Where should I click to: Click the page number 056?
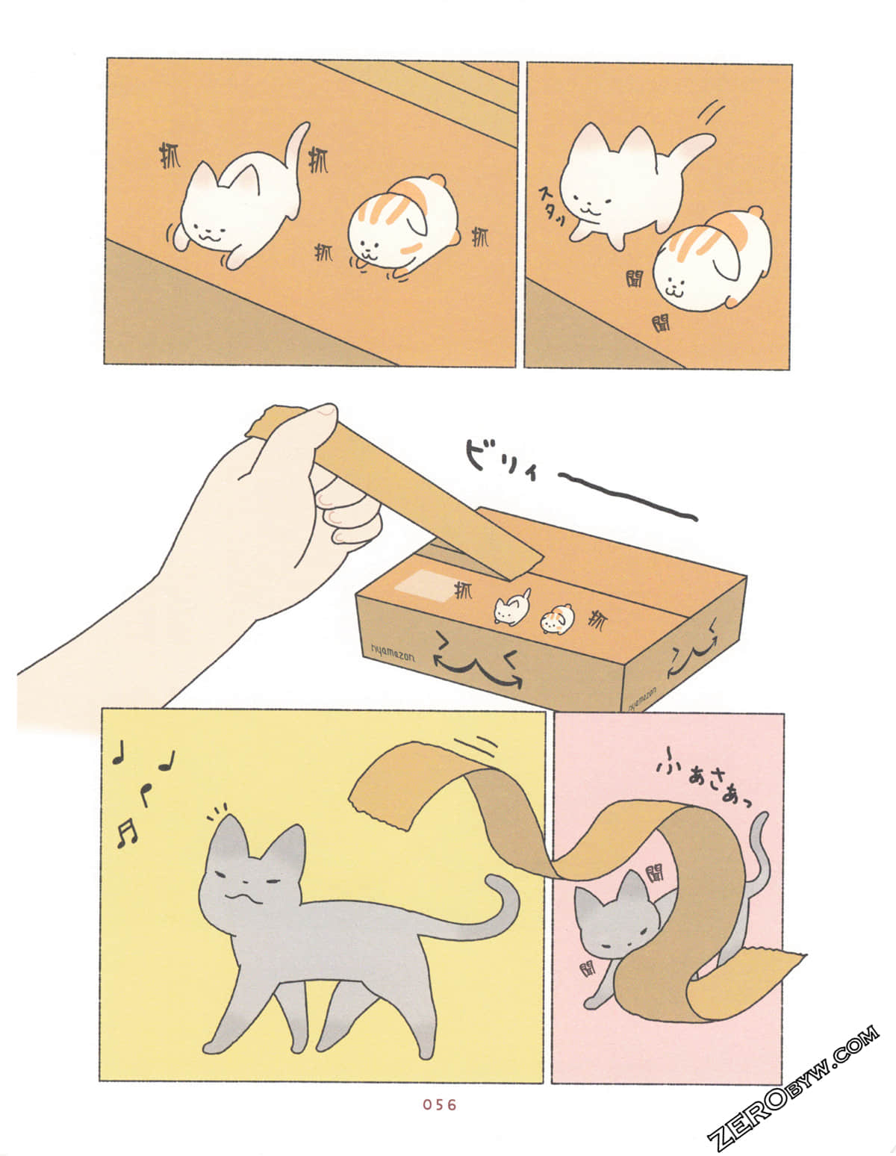coord(439,1104)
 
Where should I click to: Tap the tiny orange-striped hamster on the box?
coord(556,619)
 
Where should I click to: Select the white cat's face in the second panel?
coord(594,198)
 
